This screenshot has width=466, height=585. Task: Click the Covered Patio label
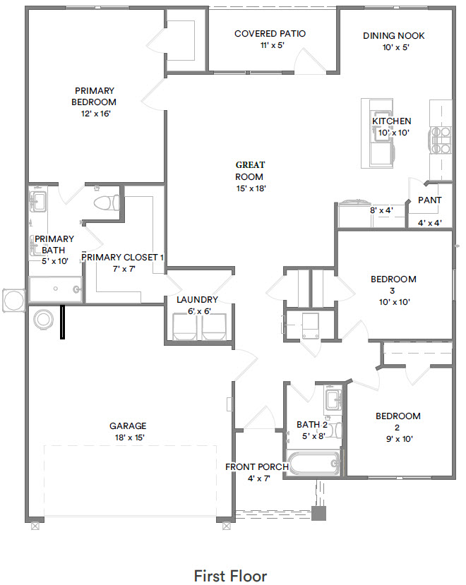(x=270, y=34)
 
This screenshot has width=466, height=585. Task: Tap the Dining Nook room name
(x=393, y=36)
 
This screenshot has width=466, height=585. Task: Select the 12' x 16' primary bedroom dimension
(x=96, y=114)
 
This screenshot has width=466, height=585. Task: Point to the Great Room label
(x=250, y=171)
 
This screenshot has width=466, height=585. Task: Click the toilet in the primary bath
(x=107, y=203)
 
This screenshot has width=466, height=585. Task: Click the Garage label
(x=128, y=426)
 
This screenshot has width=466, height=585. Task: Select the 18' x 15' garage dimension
(x=130, y=438)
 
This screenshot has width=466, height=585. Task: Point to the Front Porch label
(x=257, y=466)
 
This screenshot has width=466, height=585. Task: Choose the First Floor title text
(x=230, y=576)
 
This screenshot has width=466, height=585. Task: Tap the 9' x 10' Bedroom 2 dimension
(x=399, y=439)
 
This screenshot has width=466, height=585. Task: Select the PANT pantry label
(x=430, y=200)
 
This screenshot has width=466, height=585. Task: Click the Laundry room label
(x=197, y=300)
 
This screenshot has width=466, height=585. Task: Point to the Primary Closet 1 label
(x=122, y=258)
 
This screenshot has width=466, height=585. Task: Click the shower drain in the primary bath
(x=55, y=289)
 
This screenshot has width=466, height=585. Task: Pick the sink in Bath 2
(x=333, y=400)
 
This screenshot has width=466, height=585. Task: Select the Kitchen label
(x=392, y=121)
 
